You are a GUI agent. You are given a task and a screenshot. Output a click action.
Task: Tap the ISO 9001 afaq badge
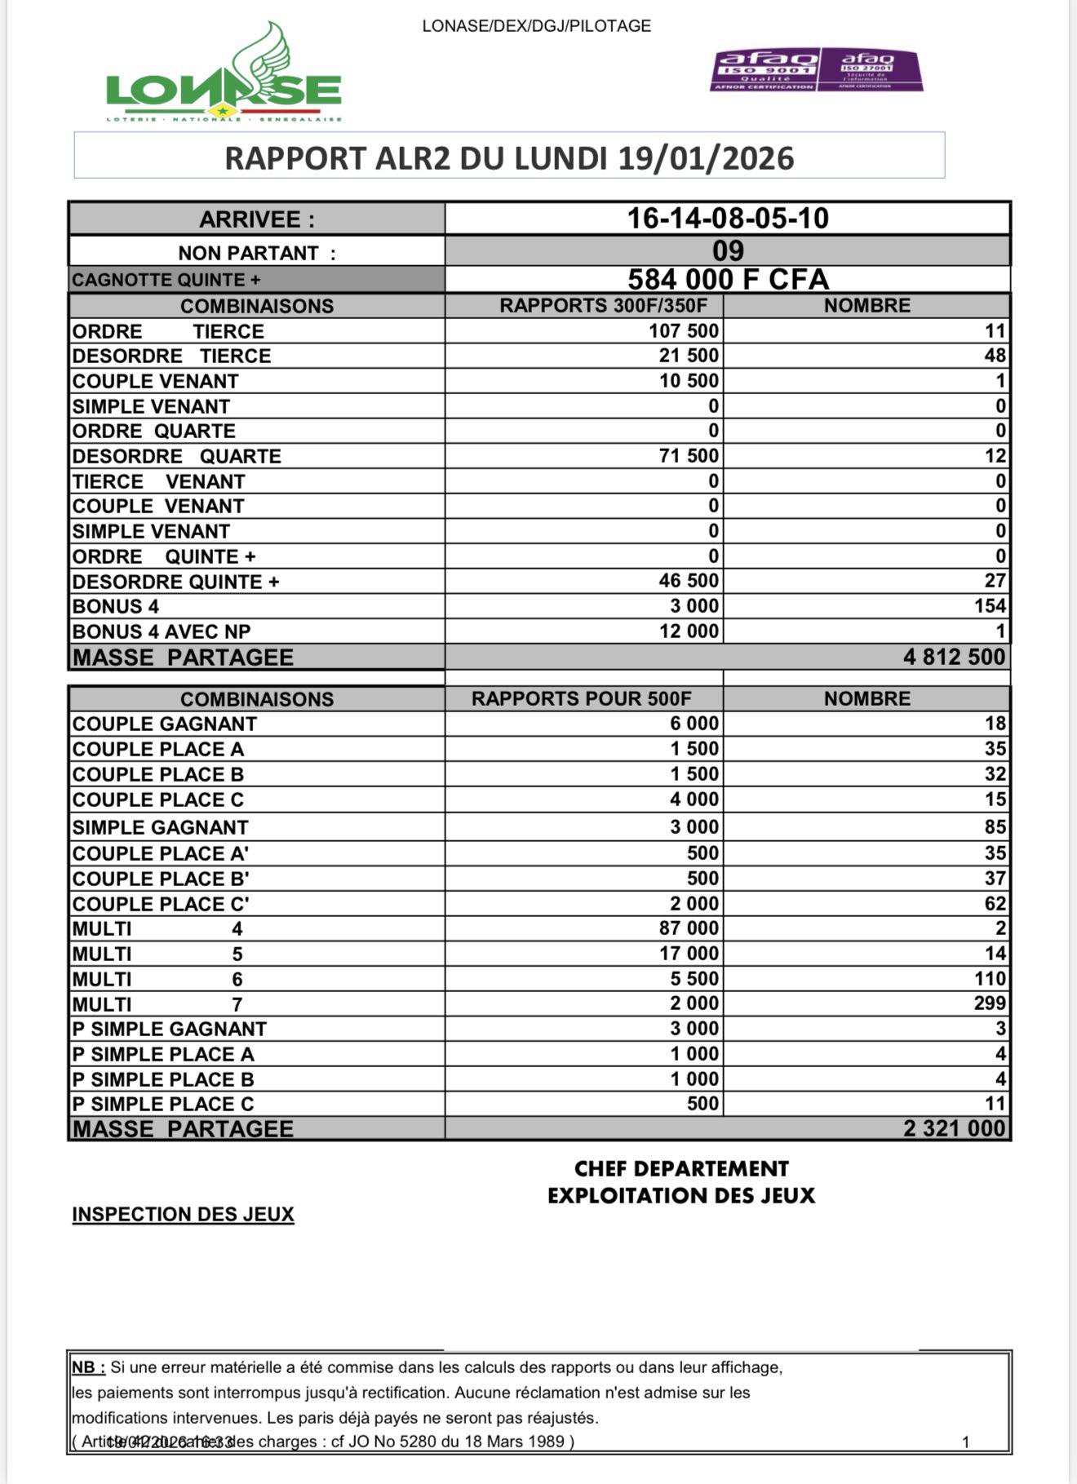[765, 69]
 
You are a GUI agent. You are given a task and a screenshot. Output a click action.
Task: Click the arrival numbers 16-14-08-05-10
[728, 218]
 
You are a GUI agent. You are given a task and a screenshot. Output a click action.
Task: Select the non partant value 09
[728, 250]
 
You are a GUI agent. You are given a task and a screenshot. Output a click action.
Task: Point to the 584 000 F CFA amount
[728, 279]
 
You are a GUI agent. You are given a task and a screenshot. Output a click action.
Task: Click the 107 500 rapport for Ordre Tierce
[684, 330]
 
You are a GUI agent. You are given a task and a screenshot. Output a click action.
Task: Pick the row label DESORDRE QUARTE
[176, 456]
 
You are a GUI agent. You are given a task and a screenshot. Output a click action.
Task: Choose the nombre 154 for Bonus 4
[990, 606]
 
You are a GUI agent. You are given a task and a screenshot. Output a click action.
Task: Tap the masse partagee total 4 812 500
[954, 657]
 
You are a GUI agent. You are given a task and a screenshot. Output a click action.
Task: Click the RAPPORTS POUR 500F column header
[581, 698]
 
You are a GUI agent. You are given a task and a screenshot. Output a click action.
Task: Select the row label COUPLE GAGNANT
[164, 724]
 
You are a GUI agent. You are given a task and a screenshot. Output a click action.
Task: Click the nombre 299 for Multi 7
[990, 1003]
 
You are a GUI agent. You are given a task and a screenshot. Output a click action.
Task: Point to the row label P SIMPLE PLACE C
[162, 1104]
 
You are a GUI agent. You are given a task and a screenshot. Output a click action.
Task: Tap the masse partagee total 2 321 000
[954, 1128]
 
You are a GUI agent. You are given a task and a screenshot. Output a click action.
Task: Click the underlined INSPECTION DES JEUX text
[183, 1214]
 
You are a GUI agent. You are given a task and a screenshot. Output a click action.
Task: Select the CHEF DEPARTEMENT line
[681, 1168]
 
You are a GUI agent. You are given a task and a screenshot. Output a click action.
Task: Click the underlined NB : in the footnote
[88, 1367]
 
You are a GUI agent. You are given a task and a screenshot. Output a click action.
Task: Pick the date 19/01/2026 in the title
[706, 157]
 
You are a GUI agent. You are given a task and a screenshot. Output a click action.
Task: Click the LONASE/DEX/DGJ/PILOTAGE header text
[536, 26]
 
